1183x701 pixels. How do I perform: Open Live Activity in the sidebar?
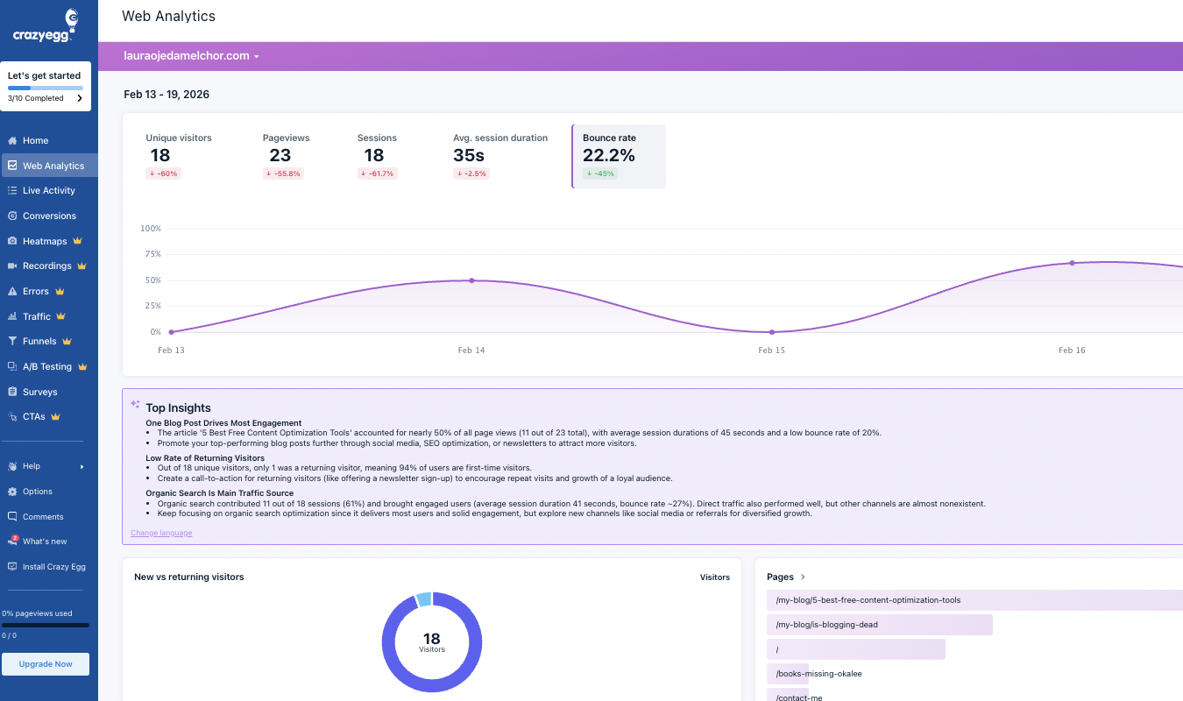[x=48, y=190]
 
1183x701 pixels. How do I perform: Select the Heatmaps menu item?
[x=45, y=241]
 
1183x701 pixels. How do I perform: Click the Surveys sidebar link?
[x=39, y=392]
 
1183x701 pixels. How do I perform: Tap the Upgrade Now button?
[x=46, y=664]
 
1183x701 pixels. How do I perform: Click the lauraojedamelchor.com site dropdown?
[x=191, y=56]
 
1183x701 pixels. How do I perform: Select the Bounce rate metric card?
[x=619, y=156]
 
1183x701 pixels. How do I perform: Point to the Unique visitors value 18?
[x=159, y=155]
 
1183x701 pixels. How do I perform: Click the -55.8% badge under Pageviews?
[x=284, y=173]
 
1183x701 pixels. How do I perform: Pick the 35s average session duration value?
[x=469, y=155]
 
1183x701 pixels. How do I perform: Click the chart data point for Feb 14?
[x=471, y=280]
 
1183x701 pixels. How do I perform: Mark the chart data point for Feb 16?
[x=1072, y=263]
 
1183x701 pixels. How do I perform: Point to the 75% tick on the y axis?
[x=151, y=254]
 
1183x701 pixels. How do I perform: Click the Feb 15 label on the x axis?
[x=771, y=350]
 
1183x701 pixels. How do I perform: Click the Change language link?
[x=161, y=533]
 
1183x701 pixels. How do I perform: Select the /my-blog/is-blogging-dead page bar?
[x=879, y=625]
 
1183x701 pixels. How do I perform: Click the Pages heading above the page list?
[x=780, y=577]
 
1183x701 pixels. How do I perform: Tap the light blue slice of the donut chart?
[x=424, y=600]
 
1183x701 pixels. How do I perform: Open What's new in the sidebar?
[x=45, y=542]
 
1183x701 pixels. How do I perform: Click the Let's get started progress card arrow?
[x=80, y=98]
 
